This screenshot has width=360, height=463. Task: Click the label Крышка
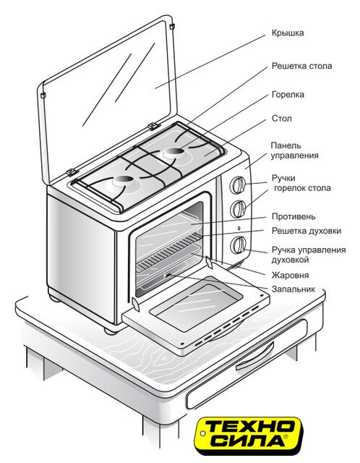288,33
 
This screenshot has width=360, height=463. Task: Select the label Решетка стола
301,66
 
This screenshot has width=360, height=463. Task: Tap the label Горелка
288,95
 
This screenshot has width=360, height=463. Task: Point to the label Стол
281,119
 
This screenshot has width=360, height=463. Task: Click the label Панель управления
294,150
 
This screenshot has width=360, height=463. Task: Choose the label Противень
293,217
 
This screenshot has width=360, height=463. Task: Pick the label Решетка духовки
307,231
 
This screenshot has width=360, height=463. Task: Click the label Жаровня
290,275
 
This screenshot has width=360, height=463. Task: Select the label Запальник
293,289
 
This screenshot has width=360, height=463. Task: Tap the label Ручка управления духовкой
309,255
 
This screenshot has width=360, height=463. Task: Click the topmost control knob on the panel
238,185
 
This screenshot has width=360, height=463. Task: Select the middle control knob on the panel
239,209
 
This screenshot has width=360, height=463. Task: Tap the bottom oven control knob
239,245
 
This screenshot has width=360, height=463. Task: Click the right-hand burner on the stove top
174,153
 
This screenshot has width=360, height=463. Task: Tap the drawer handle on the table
255,357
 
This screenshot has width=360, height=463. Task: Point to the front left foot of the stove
111,331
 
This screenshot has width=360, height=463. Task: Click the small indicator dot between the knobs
239,229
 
